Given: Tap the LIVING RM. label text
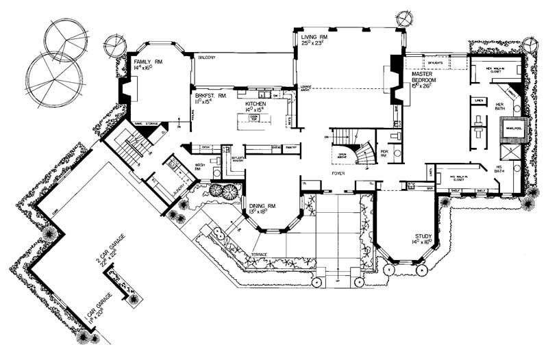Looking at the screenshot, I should click(x=315, y=35).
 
